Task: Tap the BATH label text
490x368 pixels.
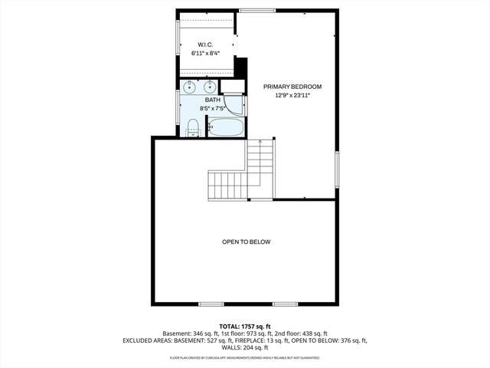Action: point(212,100)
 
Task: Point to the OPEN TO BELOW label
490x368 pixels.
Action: point(246,242)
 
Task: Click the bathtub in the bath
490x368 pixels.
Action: point(226,127)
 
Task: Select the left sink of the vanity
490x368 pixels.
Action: point(190,86)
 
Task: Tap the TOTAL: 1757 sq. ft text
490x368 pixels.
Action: point(244,326)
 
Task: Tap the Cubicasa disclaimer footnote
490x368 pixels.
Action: point(244,357)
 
